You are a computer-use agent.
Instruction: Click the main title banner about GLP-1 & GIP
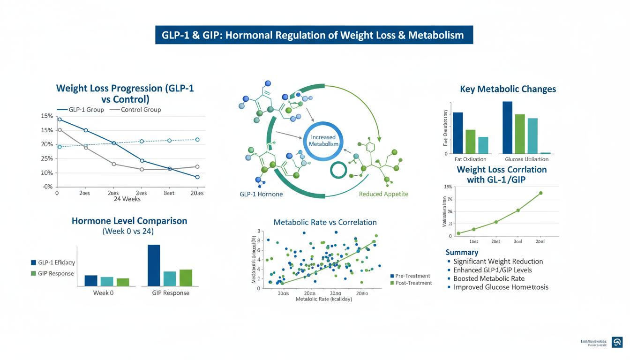coord(314,35)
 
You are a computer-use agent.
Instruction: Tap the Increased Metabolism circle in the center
coord(323,141)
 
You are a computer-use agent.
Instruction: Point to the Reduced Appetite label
coord(383,194)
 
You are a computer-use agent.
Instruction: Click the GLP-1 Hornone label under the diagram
coord(261,194)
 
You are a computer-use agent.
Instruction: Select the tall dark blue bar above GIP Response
coord(154,265)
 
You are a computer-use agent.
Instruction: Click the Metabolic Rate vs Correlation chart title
coord(325,222)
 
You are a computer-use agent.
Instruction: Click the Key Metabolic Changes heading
coord(508,89)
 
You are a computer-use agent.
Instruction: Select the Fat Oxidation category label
coord(471,159)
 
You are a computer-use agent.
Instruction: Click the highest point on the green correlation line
coord(540,193)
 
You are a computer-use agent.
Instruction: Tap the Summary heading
coord(462,252)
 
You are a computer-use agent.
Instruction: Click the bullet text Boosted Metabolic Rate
coord(489,278)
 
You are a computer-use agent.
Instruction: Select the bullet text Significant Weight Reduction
coord(498,262)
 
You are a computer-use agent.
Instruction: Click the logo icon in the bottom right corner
coord(617,342)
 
